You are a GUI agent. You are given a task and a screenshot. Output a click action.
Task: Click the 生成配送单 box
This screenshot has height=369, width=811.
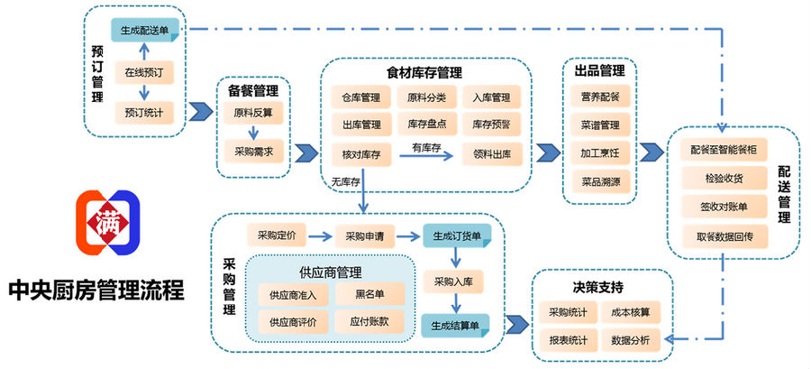[144, 30]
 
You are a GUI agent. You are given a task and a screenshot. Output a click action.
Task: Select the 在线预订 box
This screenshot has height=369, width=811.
[144, 72]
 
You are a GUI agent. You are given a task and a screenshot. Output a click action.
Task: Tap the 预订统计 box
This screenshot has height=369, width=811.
[144, 113]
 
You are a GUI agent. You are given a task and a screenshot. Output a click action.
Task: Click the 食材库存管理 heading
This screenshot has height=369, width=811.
[424, 73]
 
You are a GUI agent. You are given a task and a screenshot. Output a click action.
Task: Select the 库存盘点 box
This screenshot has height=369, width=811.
[427, 125]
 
